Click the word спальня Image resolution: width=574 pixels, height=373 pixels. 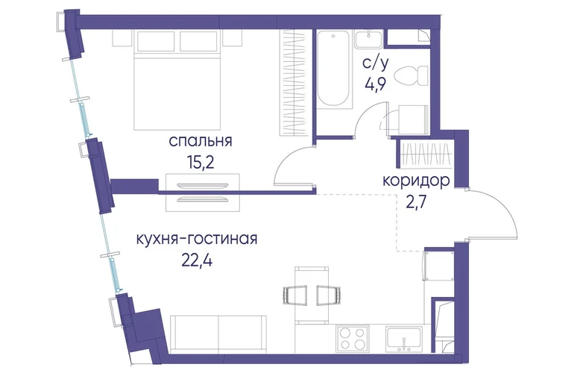coord(201,142)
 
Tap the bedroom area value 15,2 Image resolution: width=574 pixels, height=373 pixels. coord(201,161)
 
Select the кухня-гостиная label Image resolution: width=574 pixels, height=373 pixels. coord(197,239)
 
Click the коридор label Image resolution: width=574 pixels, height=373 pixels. coord(416,181)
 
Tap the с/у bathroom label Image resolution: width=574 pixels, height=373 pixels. coord(375,63)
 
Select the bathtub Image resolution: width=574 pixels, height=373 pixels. coord(332,69)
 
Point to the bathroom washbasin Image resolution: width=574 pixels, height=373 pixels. coord(368,40)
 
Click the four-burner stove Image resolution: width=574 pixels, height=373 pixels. coord(353,337)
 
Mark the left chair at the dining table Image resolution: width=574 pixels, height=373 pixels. coord(295,295)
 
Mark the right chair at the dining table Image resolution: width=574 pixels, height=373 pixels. coord(329,295)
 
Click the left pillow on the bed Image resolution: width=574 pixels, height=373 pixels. coord(156,41)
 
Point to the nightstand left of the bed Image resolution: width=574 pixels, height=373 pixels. coord(122,38)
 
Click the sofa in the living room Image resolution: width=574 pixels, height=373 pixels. coord(218,334)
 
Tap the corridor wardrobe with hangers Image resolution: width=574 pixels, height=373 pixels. coord(427,154)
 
